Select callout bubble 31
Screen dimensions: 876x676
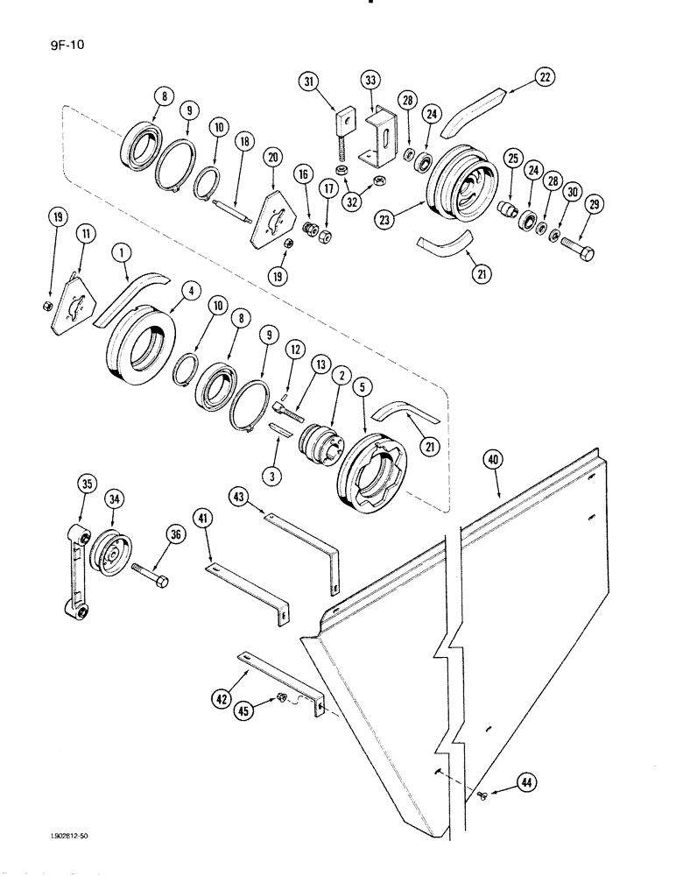pos(307,82)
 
